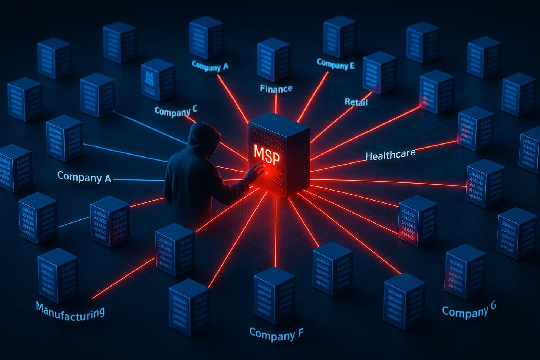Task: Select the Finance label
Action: [276, 89]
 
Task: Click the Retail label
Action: [356, 102]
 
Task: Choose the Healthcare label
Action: [390, 155]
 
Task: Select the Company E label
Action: [336, 64]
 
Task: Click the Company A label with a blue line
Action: [84, 177]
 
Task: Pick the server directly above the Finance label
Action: [273, 59]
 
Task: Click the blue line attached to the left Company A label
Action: [139, 180]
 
